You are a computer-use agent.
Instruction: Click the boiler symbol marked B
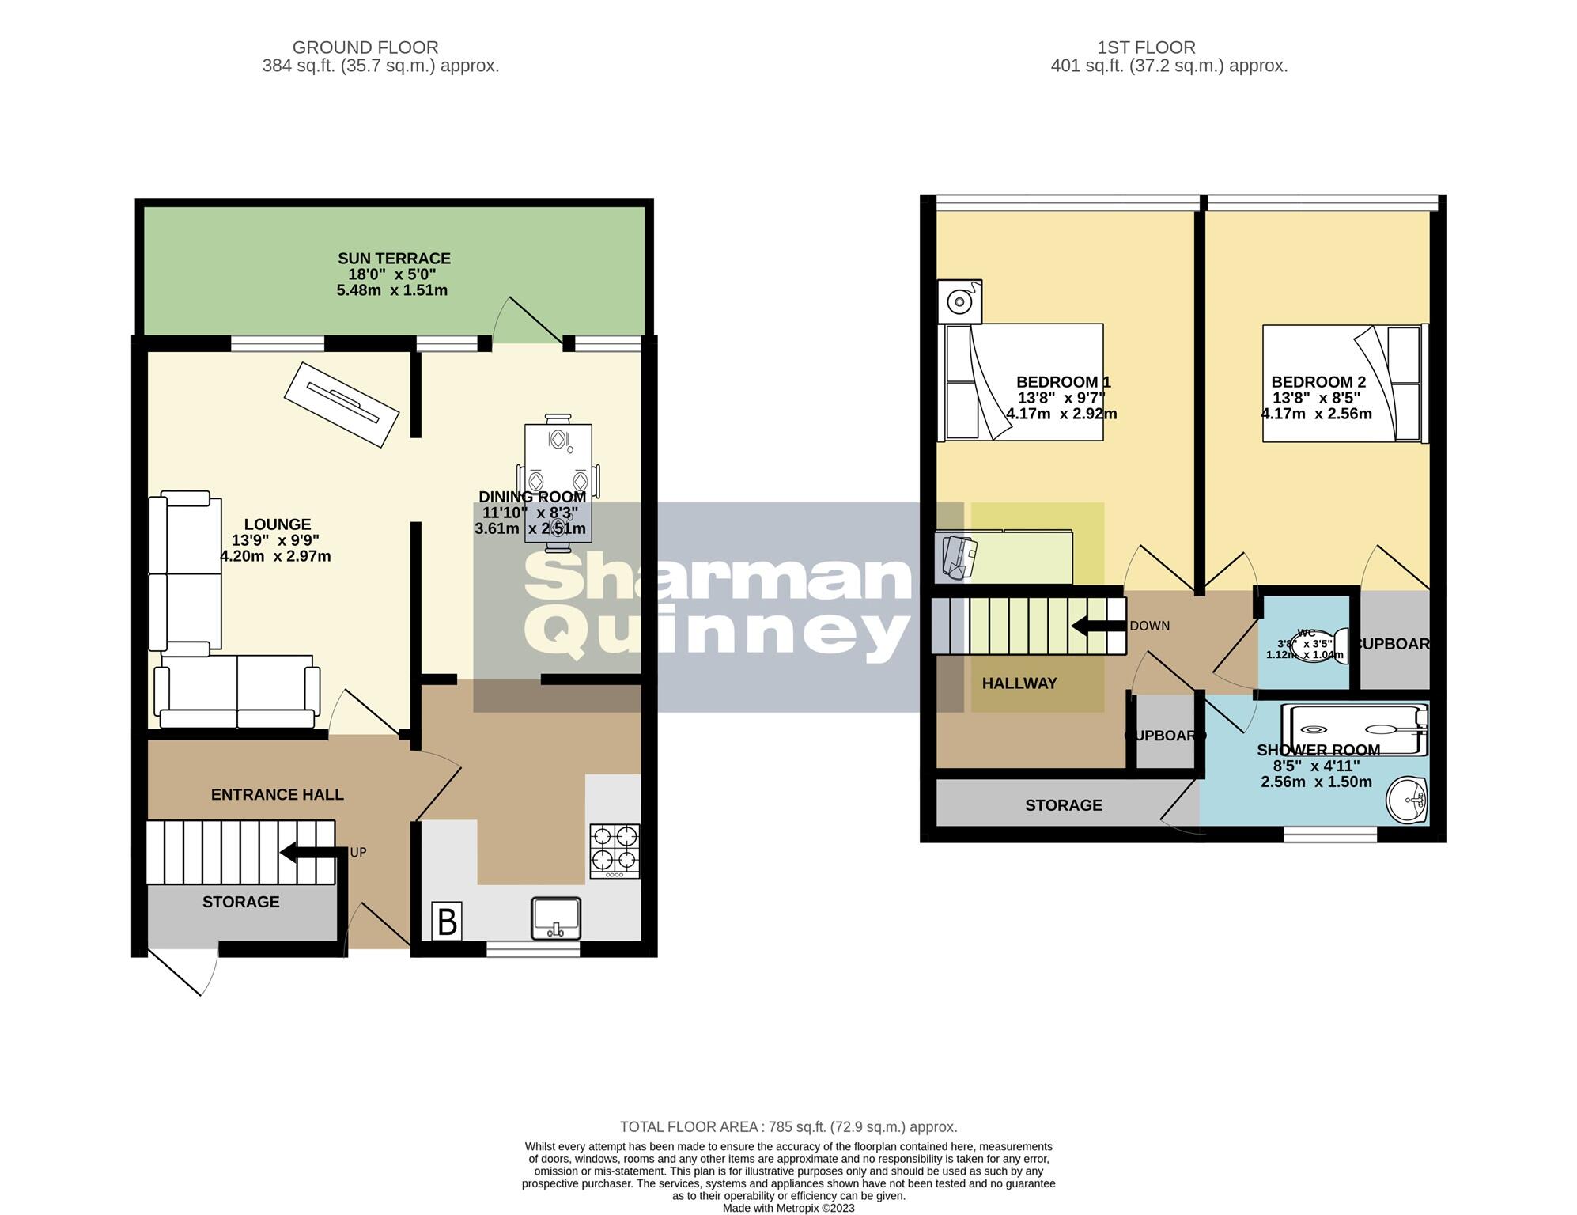coord(447,922)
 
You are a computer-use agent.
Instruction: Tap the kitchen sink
coord(556,918)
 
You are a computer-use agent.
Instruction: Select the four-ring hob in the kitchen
coord(615,851)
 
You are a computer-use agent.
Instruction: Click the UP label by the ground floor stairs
coord(358,853)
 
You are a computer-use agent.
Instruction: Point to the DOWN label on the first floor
coord(1149,626)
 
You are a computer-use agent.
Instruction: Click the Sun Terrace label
coord(394,259)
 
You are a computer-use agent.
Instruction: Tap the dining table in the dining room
coord(558,483)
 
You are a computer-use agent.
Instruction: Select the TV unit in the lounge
coord(341,404)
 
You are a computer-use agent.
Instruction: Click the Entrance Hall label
coord(277,795)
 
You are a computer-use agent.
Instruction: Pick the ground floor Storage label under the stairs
coord(240,903)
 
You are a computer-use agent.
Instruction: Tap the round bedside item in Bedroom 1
coord(960,301)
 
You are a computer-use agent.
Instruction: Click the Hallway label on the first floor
coord(1019,683)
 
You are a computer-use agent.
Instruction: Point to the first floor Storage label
coord(1063,805)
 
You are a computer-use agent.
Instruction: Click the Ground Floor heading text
coord(365,47)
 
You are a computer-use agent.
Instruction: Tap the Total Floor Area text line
coord(788,1127)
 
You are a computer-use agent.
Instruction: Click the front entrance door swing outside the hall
coord(183,971)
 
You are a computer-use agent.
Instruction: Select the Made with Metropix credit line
coord(788,1208)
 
